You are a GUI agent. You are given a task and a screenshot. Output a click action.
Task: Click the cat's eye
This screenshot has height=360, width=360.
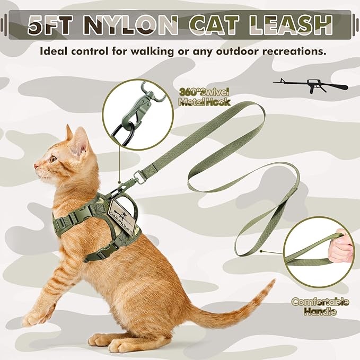pyautogui.click(x=52, y=158)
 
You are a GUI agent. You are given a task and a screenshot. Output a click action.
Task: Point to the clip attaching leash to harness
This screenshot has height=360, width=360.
pyautogui.click(x=129, y=183)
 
